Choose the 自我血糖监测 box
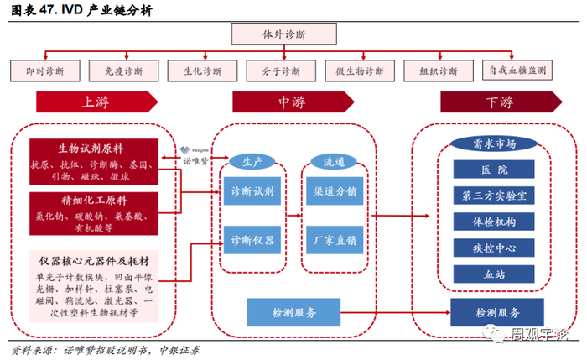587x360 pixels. (x=518, y=70)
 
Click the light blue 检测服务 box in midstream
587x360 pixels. (x=293, y=312)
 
